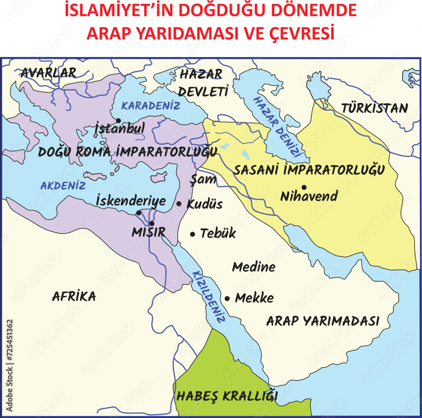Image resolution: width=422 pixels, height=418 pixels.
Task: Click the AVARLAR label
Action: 49,73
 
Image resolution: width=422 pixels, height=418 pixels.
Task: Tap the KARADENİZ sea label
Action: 151,105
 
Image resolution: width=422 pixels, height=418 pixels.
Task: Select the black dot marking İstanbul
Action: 119,121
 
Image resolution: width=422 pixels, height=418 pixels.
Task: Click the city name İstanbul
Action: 120,128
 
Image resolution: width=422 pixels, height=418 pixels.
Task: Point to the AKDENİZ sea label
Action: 63,185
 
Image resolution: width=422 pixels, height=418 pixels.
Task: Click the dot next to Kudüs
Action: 179,204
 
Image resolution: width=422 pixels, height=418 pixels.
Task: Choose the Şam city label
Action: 203,179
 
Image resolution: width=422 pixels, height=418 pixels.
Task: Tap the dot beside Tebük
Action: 192,234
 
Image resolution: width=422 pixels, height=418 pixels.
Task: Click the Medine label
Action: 254,267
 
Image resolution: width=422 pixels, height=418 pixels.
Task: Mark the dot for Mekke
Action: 227,299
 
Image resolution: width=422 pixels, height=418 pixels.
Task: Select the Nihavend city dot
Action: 303,187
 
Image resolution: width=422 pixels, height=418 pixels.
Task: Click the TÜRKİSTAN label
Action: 374,108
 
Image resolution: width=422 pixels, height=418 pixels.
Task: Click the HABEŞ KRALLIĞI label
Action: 227,396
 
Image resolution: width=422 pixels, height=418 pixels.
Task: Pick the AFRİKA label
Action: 74,297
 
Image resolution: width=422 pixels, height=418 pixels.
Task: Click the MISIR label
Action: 148,232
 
